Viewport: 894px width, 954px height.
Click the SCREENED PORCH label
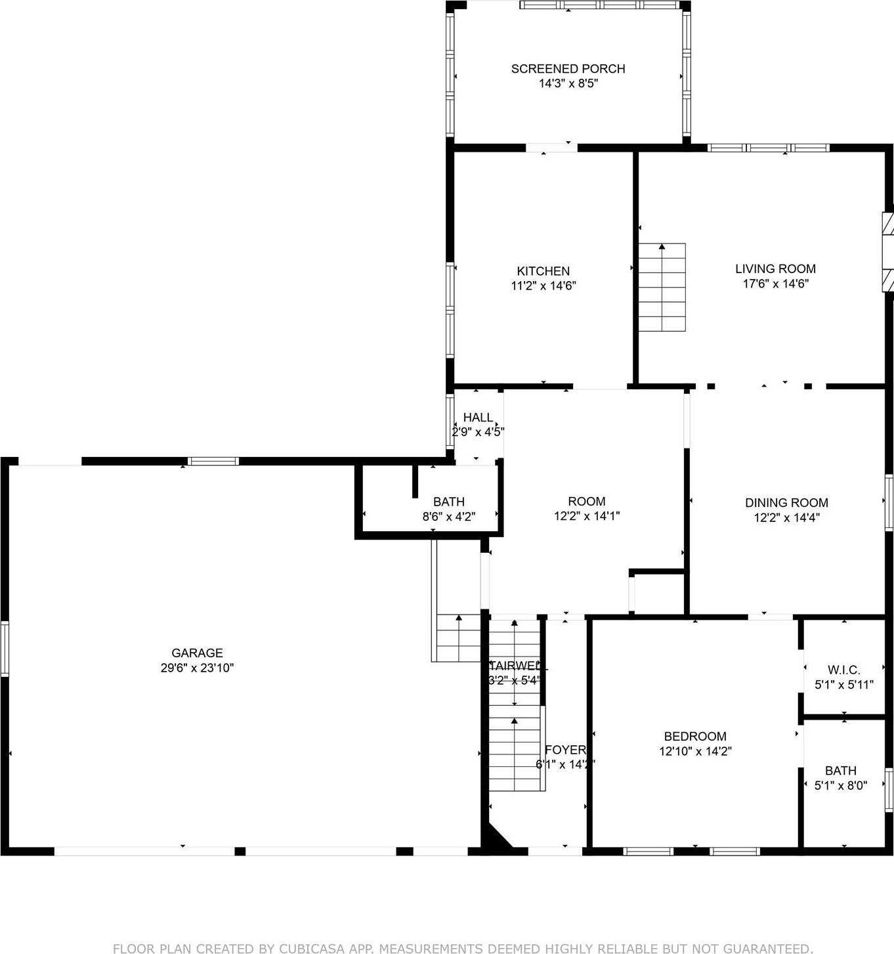tap(568, 68)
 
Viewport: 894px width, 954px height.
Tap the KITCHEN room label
tap(543, 271)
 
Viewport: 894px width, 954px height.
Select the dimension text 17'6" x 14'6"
tap(775, 284)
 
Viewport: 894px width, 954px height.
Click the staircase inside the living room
tap(662, 288)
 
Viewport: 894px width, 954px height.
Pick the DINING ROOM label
tap(786, 502)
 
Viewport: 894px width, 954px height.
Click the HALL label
tap(478, 417)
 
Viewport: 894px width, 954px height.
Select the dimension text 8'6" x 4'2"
tap(448, 517)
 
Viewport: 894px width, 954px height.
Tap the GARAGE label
tap(197, 653)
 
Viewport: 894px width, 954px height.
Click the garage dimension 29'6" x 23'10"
tap(197, 668)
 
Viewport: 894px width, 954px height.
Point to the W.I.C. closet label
tap(843, 670)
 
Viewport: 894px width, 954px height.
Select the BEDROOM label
tap(694, 736)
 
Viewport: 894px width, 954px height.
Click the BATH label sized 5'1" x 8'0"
tap(840, 770)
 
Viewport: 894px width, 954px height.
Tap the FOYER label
tap(564, 749)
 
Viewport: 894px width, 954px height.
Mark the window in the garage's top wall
tap(213, 461)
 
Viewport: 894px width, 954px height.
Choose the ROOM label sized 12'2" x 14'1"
tap(586, 501)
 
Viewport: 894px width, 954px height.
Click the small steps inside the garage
tap(458, 638)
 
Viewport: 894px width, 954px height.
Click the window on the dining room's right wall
tap(889, 500)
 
